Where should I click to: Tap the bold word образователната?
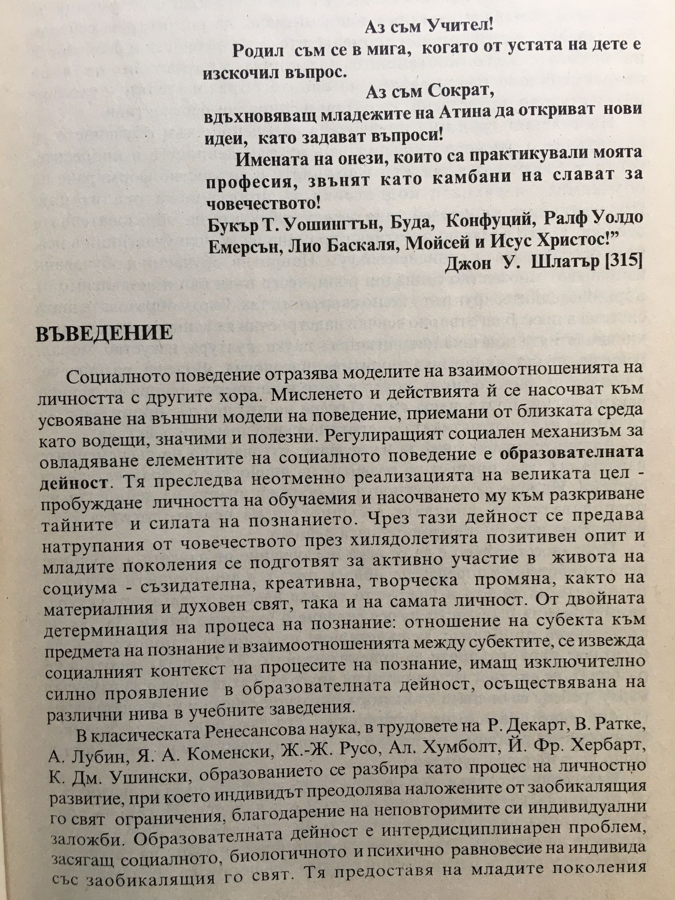571,454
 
